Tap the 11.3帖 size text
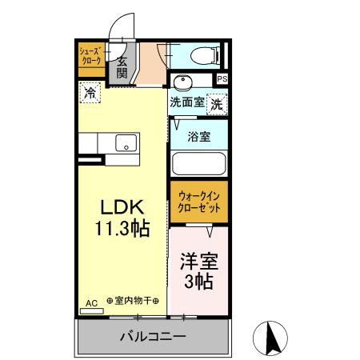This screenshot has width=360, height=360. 122,229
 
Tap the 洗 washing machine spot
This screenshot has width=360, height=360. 216,102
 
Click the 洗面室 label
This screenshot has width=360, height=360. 186,102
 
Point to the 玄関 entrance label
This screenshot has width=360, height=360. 122,67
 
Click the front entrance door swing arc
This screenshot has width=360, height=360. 120,30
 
